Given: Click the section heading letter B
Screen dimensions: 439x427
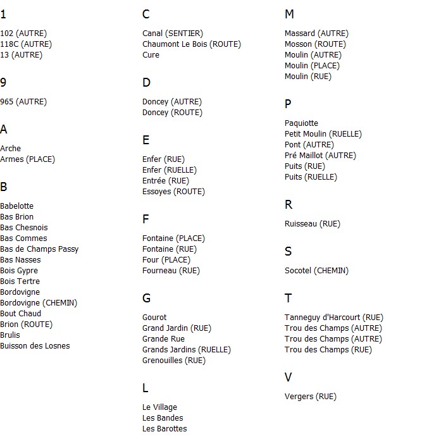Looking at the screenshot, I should click(4, 187).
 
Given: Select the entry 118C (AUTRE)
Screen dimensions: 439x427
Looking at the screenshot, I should click(26, 44).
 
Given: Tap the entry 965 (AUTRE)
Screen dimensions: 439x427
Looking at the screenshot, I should click(23, 102).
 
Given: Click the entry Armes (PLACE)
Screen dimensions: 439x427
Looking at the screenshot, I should click(27, 159).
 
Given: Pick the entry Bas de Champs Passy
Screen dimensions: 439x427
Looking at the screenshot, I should click(39, 249).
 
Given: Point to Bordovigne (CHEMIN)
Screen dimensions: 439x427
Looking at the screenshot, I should click(39, 303).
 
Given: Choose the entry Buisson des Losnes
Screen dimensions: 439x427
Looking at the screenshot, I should click(35, 346).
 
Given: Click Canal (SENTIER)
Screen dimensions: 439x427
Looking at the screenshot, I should click(173, 34).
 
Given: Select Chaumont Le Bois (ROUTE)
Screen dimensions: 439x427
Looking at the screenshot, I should click(192, 44).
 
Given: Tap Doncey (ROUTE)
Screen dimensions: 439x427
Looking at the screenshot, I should click(172, 113).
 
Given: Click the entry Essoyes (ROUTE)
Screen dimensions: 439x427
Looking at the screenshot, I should click(173, 192).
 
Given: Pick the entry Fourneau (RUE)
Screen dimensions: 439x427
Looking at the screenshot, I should click(171, 271).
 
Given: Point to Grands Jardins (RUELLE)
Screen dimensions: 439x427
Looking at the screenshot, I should click(187, 350).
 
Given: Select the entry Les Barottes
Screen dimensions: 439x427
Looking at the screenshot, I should click(164, 429).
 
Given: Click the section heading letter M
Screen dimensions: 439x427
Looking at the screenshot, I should click(289, 15).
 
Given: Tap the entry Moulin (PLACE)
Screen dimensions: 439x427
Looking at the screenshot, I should click(312, 66).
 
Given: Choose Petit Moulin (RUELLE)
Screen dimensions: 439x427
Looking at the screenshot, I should click(323, 134).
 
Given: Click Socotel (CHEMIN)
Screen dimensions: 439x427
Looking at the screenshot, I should click(316, 271).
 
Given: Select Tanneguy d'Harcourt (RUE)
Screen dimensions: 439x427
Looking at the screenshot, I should click(334, 318).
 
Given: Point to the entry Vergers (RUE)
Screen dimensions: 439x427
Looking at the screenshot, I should click(311, 397).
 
